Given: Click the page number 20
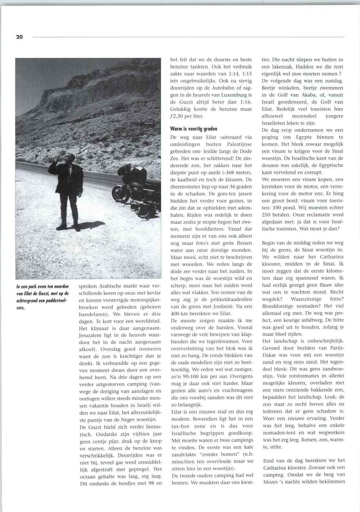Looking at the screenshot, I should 19,37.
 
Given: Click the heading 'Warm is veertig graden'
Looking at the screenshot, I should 194,129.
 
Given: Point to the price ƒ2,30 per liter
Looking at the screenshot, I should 187,116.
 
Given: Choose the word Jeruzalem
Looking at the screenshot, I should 91,335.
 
